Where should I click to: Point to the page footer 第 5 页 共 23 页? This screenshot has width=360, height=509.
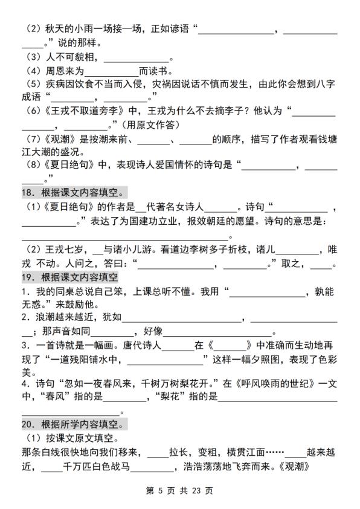point(180,491)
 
